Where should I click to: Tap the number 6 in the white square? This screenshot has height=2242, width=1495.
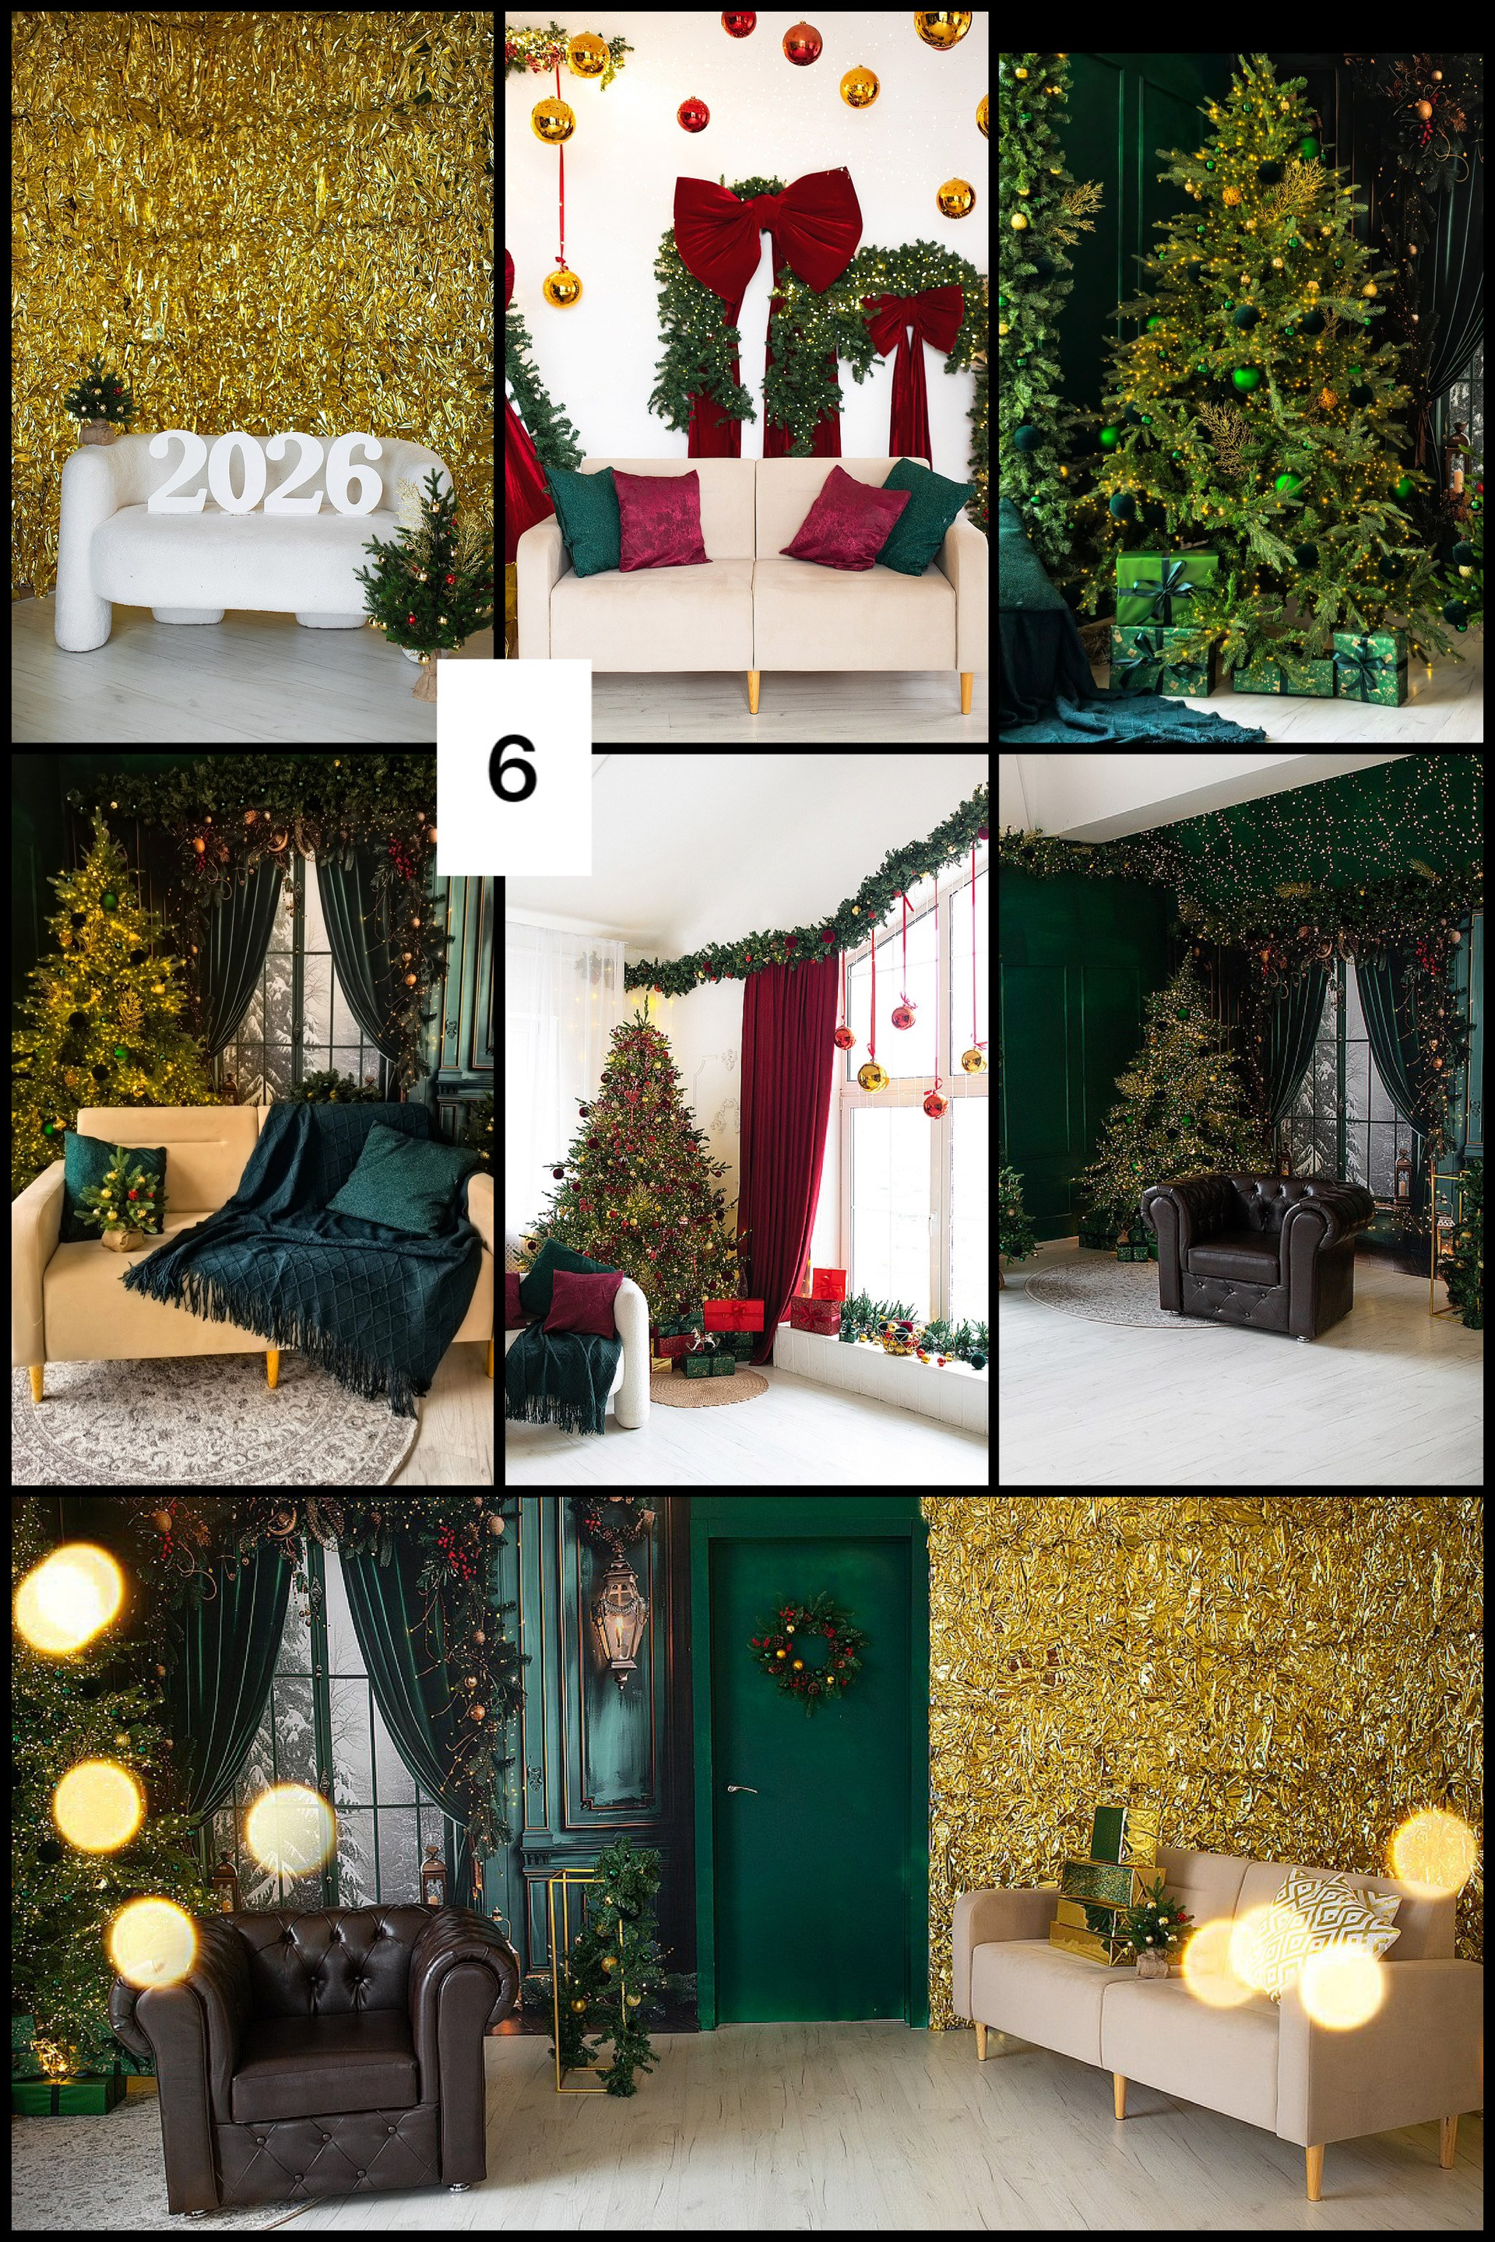tap(512, 768)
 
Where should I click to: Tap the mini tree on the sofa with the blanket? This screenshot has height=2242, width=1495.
tap(120, 1197)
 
